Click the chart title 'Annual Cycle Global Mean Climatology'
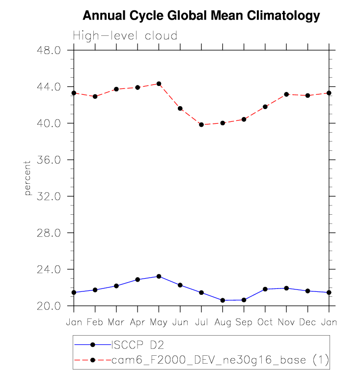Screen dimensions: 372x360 tap(201, 16)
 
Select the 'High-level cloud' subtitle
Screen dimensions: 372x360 tap(125, 36)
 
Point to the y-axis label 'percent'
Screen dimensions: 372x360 tap(28, 178)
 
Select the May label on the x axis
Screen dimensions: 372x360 tap(159, 322)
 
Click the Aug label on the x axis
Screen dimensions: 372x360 tap(222, 322)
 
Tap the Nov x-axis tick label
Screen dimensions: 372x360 tap(286, 322)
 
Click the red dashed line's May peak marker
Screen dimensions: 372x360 tap(159, 84)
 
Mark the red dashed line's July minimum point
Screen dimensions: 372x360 tap(201, 124)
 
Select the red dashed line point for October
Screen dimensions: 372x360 tap(265, 107)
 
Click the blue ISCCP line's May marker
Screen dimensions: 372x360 tap(159, 276)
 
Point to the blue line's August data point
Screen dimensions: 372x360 tap(222, 300)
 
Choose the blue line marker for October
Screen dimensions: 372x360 tap(265, 289)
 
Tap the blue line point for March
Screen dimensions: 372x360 tap(116, 286)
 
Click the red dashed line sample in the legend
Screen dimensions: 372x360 tap(92, 360)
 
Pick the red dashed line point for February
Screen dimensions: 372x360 tap(95, 96)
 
